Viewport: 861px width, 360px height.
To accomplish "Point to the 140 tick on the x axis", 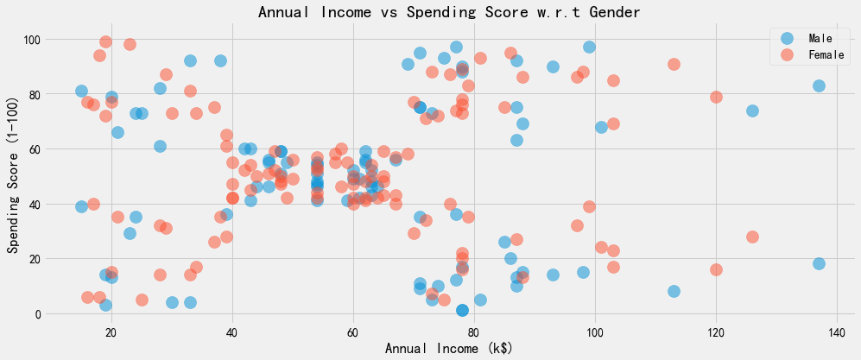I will click(x=836, y=332).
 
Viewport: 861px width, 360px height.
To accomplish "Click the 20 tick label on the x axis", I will click(x=111, y=332).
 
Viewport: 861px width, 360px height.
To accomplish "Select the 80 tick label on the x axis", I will click(x=474, y=332).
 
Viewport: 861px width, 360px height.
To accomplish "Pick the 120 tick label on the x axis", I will click(x=715, y=332).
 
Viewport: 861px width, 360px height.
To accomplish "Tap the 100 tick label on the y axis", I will click(x=30, y=39).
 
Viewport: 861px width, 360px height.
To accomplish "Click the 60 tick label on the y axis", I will click(x=34, y=149).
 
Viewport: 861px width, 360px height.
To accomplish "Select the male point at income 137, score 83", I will click(x=819, y=85).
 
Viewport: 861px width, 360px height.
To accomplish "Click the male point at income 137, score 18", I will click(x=819, y=264).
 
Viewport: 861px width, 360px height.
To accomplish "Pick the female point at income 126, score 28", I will click(x=752, y=237).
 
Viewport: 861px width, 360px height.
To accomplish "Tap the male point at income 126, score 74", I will click(x=752, y=111).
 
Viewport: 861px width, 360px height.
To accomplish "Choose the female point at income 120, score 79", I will click(x=716, y=97).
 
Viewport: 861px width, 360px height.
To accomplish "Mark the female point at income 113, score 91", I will click(x=674, y=64).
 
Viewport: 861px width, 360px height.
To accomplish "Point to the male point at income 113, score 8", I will click(x=674, y=292).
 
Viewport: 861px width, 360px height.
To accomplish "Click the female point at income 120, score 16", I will click(x=716, y=269).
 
